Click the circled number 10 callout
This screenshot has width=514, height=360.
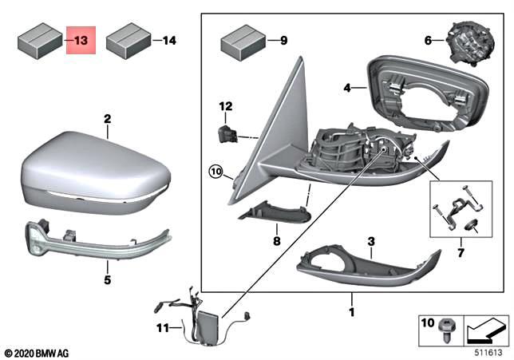215,171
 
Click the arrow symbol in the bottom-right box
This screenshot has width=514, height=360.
485,327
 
